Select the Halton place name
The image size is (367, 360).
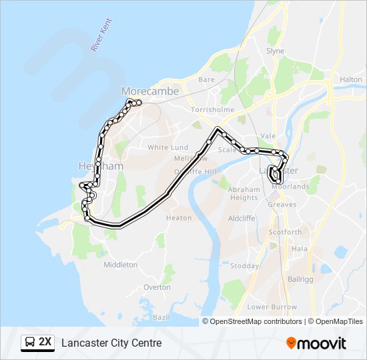(x=350, y=79)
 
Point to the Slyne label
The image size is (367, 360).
(x=275, y=51)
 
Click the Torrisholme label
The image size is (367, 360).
(x=210, y=108)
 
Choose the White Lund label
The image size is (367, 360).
(x=167, y=147)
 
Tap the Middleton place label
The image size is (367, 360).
(x=120, y=265)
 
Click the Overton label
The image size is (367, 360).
(x=157, y=287)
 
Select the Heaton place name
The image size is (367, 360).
(x=178, y=218)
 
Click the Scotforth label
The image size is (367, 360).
(x=284, y=232)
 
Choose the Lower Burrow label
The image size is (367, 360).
(x=272, y=307)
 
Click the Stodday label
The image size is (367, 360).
(x=244, y=266)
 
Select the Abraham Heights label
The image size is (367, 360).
(x=243, y=193)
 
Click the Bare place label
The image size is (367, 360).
(x=206, y=79)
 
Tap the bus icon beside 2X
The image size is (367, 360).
(x=29, y=343)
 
